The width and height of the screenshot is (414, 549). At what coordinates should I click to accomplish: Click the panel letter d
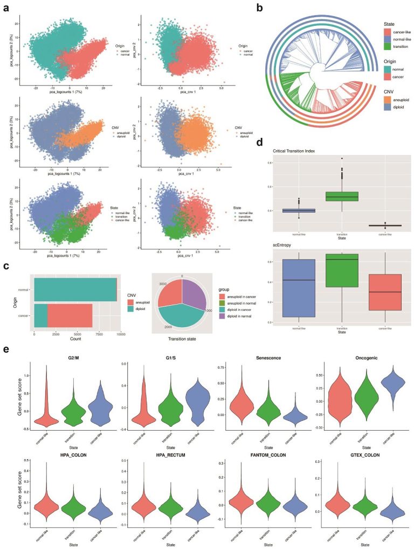[260, 143]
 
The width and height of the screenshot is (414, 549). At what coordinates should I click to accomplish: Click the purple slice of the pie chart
[194, 294]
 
